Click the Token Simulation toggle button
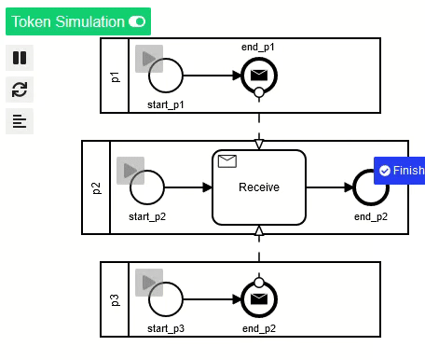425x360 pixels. pos(78,21)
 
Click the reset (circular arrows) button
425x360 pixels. pos(19,90)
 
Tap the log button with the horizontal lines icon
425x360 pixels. pos(19,121)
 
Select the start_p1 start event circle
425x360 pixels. pos(165,76)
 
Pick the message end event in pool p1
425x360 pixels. pos(259,76)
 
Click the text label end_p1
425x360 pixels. pos(258,46)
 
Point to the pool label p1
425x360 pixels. pos(115,76)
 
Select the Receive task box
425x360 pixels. pos(258,187)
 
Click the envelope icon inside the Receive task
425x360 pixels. pos(226,161)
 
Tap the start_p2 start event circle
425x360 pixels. pos(147,187)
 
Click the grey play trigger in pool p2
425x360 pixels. pos(130,171)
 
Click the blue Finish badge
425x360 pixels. pos(400,171)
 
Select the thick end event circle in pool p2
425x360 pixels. pos(370,187)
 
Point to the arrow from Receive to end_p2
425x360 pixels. pos(328,187)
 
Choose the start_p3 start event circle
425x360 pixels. pos(165,298)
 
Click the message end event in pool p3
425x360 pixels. pos(259,298)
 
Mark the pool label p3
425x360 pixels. pos(115,298)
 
